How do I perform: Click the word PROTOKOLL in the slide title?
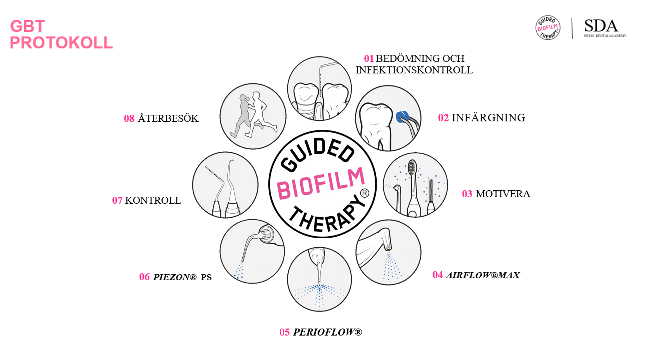61,43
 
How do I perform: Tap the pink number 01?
369,59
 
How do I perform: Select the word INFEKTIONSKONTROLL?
414,70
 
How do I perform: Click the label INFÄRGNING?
488,118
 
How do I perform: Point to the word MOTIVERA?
503,194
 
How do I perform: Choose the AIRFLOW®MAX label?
483,275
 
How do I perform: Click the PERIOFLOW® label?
327,332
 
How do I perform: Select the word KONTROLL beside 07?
153,201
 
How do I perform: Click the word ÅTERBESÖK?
168,119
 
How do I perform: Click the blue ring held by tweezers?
401,117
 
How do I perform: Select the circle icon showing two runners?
253,115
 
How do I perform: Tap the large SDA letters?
601,26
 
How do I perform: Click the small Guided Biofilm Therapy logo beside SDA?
548,28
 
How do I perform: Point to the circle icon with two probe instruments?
225,185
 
